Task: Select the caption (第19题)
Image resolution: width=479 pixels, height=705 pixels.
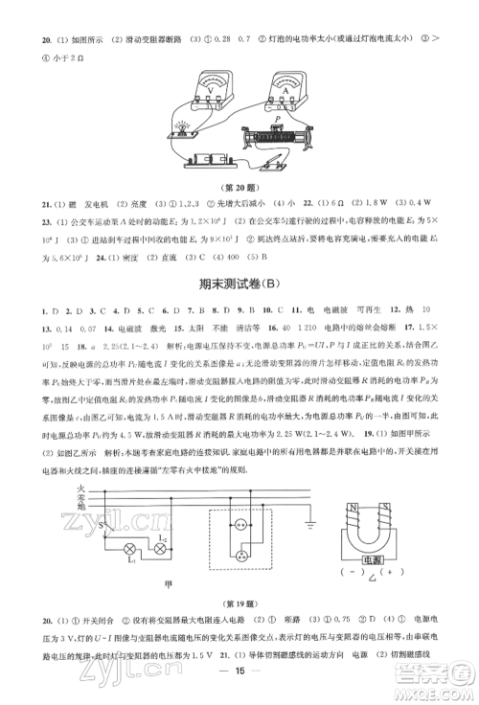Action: (239, 604)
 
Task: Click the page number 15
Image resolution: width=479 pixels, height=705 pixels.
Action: (239, 684)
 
